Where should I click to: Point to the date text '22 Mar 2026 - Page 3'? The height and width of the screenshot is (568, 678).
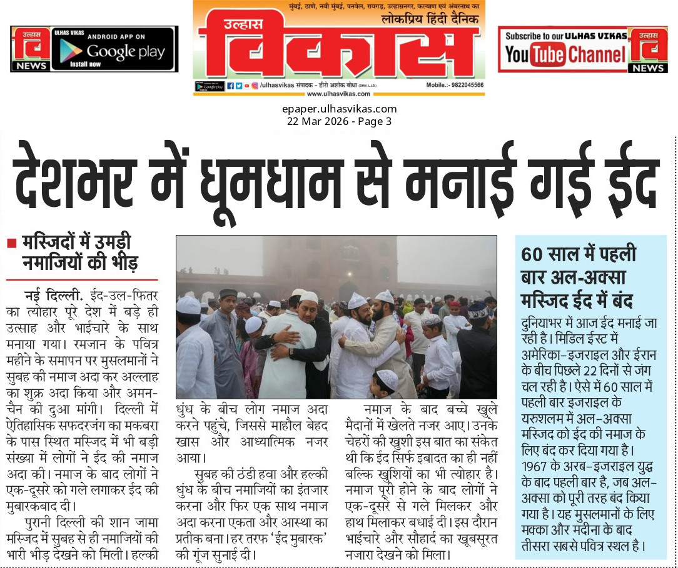tap(339, 121)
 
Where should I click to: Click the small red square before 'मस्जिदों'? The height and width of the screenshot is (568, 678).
tap(11, 243)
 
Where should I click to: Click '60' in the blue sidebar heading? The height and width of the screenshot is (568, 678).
tap(534, 256)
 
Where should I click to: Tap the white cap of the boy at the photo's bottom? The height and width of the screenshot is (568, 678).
tap(387, 379)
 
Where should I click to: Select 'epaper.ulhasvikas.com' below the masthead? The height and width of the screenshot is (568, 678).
tap(339, 109)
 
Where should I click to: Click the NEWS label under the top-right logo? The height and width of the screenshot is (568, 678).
tap(648, 68)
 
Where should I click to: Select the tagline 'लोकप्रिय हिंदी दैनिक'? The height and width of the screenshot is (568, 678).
tap(430, 19)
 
